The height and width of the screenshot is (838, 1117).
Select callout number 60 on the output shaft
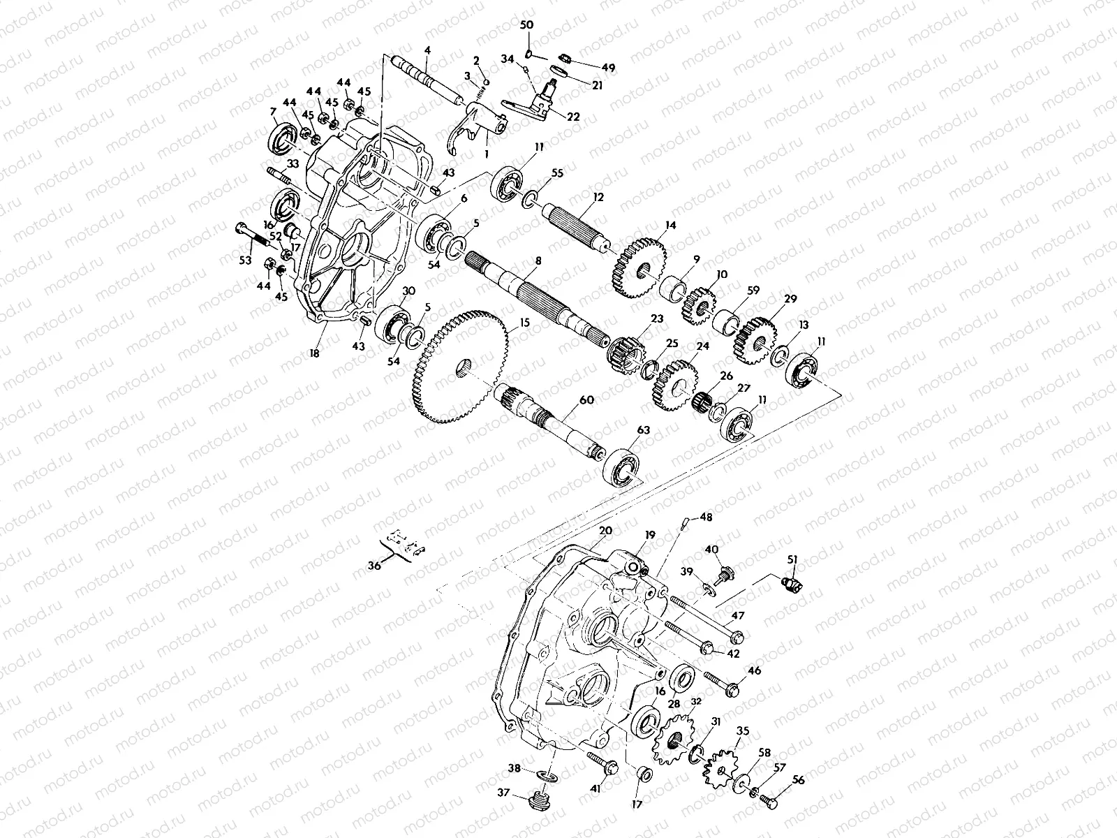[586, 400]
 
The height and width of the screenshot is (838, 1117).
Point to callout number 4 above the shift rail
[427, 50]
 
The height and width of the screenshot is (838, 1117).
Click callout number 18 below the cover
[314, 354]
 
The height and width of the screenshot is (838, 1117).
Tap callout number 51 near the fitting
[792, 558]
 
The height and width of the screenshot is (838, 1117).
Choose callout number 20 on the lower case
[605, 531]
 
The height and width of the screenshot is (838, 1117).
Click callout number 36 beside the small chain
[375, 566]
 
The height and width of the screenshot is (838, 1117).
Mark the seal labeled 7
[282, 138]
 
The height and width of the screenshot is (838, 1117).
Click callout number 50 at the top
[527, 25]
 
